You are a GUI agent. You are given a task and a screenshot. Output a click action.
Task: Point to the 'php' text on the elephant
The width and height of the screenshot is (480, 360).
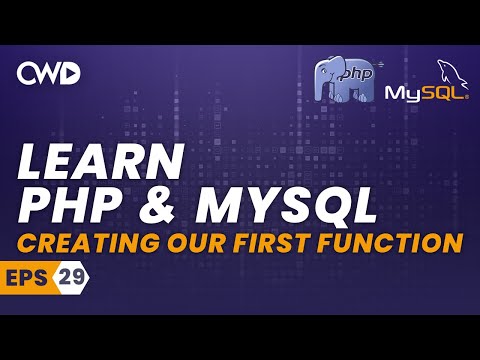click(x=353, y=75)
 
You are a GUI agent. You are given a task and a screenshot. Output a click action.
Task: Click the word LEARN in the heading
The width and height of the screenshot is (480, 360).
click(x=101, y=162)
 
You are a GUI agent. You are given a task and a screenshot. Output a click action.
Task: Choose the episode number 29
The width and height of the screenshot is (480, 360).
click(x=71, y=276)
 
